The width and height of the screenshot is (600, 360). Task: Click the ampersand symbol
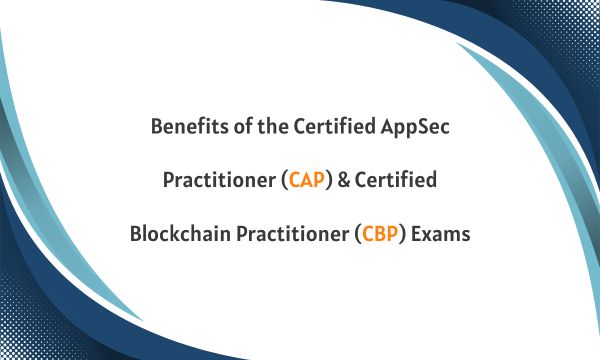[347, 182]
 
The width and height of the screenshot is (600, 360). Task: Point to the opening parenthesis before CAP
[284, 183]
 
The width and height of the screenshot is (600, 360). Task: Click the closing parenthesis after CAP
[331, 183]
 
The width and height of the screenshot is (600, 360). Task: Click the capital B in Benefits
[156, 128]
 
